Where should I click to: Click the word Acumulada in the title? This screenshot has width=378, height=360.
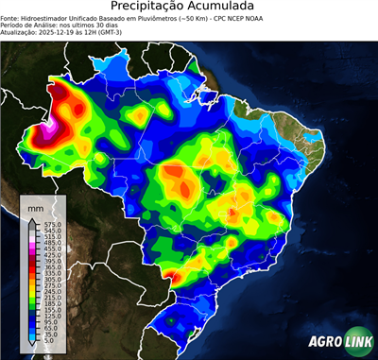click(x=223, y=7)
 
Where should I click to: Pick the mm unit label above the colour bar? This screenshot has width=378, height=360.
click(x=35, y=206)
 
